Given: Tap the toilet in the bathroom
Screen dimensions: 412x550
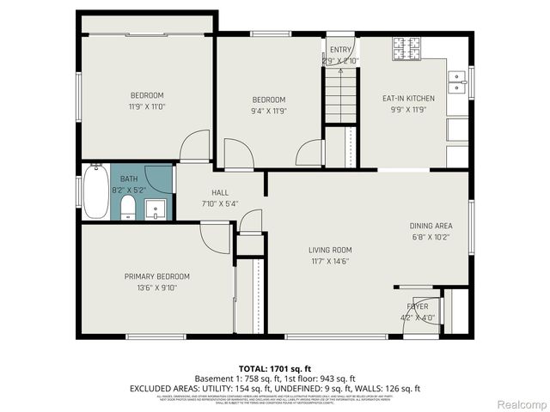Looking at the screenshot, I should (127, 207).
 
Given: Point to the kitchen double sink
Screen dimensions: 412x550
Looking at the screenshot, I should (459, 82).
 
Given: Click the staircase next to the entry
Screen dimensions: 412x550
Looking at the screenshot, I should (341, 96).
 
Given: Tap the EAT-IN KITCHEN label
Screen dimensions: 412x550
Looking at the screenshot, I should (408, 99).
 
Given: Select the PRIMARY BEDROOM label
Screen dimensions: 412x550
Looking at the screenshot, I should (157, 276).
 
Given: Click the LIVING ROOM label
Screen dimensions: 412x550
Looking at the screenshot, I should (329, 251).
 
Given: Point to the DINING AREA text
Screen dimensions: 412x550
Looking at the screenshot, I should (431, 226).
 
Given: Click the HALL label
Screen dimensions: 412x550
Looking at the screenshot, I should (220, 193).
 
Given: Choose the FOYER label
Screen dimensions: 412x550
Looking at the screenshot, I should (417, 306).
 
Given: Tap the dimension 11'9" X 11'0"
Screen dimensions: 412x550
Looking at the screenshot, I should (147, 107).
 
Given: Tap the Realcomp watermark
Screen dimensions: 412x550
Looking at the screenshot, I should (522, 403).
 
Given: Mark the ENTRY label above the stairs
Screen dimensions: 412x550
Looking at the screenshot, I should (339, 50).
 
